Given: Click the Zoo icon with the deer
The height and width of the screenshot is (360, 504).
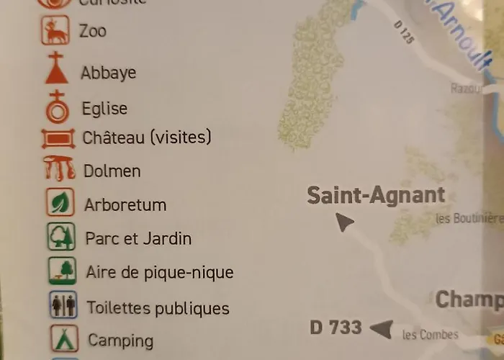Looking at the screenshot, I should [x=55, y=30].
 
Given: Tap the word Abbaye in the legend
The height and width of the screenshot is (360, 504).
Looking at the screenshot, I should [x=108, y=73].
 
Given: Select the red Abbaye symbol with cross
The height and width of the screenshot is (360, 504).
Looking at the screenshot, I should [x=56, y=68].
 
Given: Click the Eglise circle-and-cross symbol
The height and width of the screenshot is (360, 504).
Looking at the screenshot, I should [x=58, y=107].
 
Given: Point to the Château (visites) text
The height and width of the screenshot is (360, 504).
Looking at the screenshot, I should [x=147, y=137].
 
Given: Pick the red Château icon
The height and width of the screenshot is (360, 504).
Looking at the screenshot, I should [x=58, y=138].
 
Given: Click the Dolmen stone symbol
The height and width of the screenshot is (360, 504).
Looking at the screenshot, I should [x=60, y=169].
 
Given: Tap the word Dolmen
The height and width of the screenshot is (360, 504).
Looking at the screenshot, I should [x=112, y=171].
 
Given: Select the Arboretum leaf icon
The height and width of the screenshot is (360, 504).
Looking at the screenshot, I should [x=60, y=202].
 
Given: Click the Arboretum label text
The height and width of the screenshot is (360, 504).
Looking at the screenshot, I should [x=125, y=204].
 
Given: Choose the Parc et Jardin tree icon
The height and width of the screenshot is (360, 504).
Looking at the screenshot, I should [x=61, y=237].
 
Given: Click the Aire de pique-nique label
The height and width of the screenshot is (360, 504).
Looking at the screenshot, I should [x=159, y=273].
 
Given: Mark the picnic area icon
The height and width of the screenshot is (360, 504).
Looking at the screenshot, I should [x=63, y=271].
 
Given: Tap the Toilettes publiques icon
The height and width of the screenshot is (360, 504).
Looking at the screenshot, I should [x=63, y=305].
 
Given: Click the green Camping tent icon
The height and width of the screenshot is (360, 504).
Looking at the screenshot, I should [x=64, y=338].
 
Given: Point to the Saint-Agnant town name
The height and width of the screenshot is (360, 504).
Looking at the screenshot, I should [x=376, y=195].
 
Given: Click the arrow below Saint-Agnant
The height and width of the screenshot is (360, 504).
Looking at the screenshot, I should [x=345, y=222].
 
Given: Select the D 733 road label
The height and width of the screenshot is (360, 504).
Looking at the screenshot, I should [x=336, y=328].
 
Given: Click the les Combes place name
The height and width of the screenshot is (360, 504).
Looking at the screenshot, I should [x=430, y=334].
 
